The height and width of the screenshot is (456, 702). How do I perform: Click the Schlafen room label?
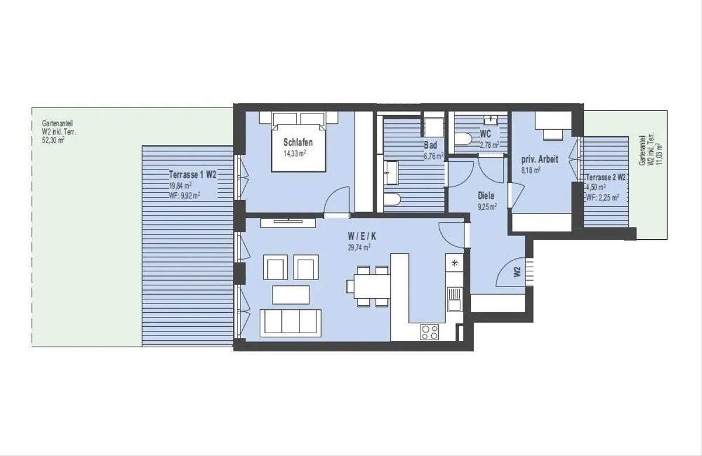tap(298, 143)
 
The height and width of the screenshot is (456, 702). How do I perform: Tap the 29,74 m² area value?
tap(359, 247)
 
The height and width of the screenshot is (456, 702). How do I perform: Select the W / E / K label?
tap(362, 236)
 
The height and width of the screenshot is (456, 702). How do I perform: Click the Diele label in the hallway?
tap(486, 196)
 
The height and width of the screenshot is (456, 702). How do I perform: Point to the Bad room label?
tap(431, 145)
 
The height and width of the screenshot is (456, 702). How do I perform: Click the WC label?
tap(485, 134)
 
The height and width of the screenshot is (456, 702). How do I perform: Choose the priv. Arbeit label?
tap(539, 160)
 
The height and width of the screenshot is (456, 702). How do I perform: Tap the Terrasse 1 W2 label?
tap(192, 174)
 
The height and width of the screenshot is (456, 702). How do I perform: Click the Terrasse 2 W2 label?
tap(606, 177)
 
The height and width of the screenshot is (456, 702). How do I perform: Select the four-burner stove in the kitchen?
tap(429, 332)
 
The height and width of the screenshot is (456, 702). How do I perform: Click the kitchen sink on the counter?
tap(455, 299)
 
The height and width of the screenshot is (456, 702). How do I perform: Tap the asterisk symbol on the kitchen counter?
tap(455, 263)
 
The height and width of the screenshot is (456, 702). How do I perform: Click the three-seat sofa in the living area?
tap(291, 323)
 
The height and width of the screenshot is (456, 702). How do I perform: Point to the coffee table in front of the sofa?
tap(291, 295)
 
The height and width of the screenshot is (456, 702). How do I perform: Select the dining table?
tap(372, 286)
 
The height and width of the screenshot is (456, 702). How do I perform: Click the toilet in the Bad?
tap(392, 199)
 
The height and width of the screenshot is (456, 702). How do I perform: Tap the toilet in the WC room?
tap(463, 139)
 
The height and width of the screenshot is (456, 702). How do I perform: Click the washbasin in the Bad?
tap(391, 172)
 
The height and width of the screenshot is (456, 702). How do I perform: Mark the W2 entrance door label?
tap(517, 271)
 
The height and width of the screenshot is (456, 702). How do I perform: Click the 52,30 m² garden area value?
tap(53, 140)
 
